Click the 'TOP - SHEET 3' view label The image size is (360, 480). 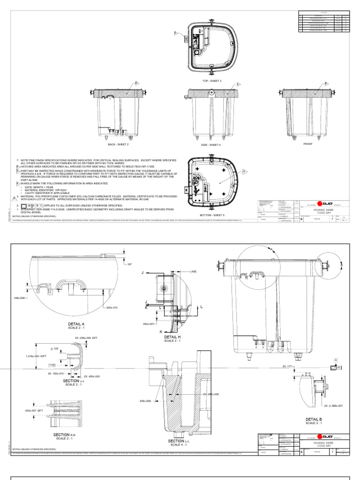pyautogui.click(x=211, y=81)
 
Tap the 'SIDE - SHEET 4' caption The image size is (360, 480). pyautogui.click(x=211, y=145)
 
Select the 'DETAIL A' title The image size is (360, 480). pyautogui.click(x=76, y=324)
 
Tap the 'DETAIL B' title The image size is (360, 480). pyautogui.click(x=314, y=419)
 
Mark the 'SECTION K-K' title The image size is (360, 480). pyautogui.click(x=65, y=435)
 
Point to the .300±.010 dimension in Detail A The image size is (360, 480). pyautogui.click(x=112, y=307)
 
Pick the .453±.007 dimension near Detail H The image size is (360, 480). pyautogui.click(x=149, y=324)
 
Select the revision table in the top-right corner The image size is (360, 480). pyautogui.click(x=324, y=22)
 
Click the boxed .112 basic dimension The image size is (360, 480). pyautogui.click(x=52, y=365)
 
